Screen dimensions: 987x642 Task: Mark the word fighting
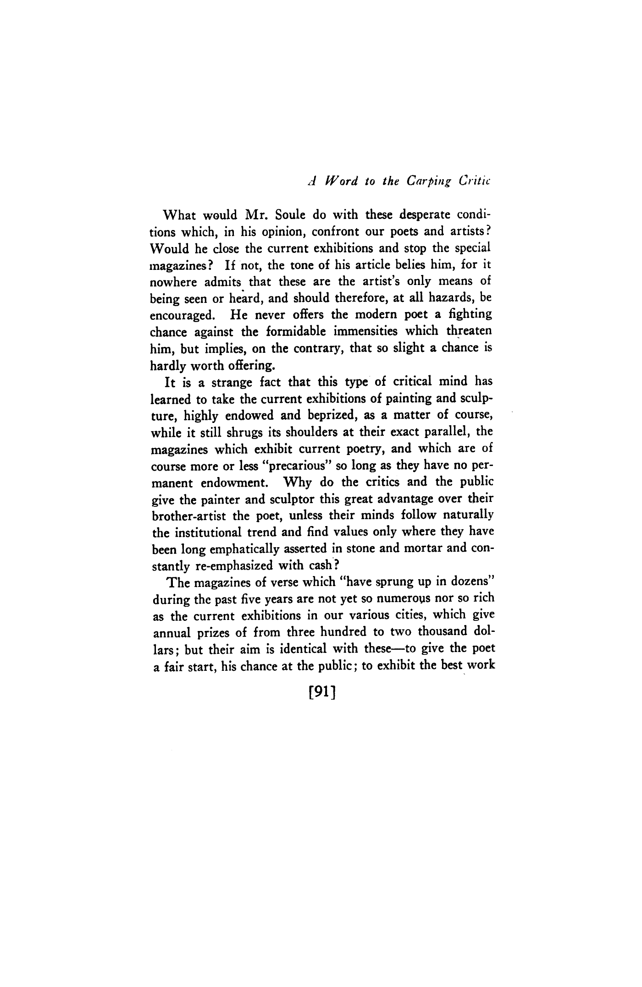[x=469, y=316]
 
